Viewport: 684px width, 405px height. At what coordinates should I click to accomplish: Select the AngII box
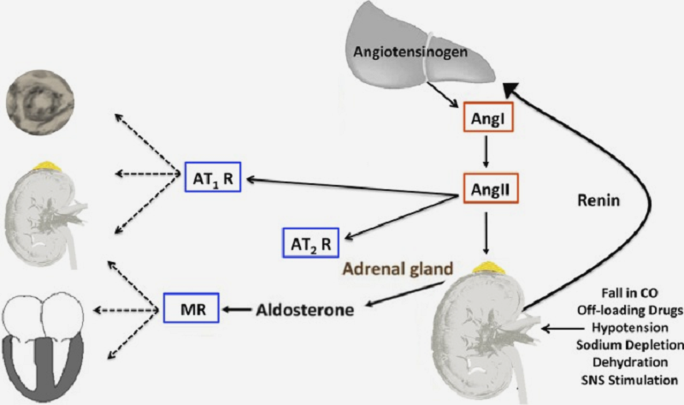[486, 187]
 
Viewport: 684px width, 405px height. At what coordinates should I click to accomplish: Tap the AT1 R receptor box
[209, 179]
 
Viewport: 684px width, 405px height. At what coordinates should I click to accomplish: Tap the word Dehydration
[641, 361]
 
